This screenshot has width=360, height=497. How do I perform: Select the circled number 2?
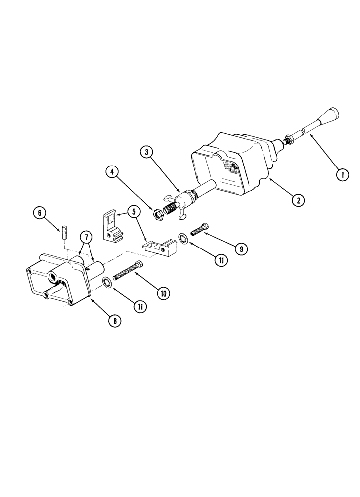click(298, 201)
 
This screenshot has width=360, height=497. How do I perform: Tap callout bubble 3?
click(145, 152)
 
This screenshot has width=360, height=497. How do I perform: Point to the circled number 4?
click(112, 172)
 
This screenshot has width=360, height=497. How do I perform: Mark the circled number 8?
click(115, 321)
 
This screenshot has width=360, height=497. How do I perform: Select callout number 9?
click(240, 249)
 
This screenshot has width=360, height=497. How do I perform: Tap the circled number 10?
click(162, 293)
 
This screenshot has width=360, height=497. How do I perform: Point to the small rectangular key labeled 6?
click(65, 233)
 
